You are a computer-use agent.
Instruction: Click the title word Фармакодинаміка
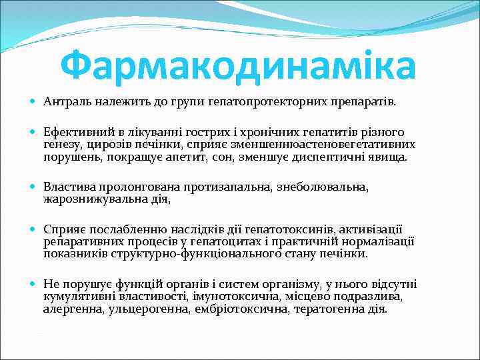[237, 65]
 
